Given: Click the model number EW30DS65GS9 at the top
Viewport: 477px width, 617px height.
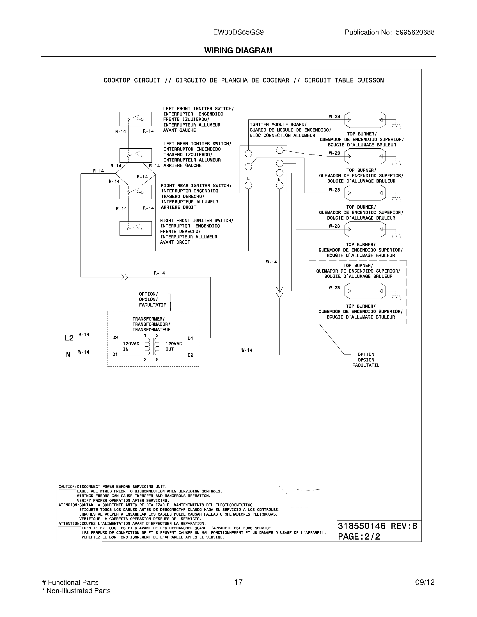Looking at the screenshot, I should click(238, 33).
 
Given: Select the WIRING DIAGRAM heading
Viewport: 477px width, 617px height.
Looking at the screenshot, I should click(238, 50).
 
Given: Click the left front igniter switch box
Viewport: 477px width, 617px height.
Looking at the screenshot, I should click(135, 119).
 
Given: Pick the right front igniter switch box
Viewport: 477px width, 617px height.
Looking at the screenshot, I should click(135, 228).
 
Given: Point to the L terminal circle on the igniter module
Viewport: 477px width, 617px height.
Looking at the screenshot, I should click(248, 185).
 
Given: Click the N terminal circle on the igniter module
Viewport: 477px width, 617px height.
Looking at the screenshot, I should click(279, 185).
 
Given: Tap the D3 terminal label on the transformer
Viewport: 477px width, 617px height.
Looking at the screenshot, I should click(115, 338).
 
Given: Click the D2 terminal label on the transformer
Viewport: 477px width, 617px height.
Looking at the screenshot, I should click(191, 355).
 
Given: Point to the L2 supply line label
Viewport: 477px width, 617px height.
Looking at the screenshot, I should click(69, 338).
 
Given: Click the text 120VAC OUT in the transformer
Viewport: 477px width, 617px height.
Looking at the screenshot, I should click(173, 346).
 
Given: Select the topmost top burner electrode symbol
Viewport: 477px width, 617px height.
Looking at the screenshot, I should click(365, 120).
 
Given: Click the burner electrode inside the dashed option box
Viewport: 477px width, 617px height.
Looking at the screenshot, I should click(365, 291).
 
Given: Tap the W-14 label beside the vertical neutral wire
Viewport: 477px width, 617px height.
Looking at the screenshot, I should click(271, 262).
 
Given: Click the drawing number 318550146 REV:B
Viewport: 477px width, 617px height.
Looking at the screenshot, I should click(377, 526).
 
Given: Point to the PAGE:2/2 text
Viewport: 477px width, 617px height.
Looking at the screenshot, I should click(359, 537).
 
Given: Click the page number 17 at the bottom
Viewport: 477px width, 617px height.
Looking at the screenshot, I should click(238, 582).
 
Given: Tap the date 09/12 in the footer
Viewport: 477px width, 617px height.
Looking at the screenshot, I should click(425, 582).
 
